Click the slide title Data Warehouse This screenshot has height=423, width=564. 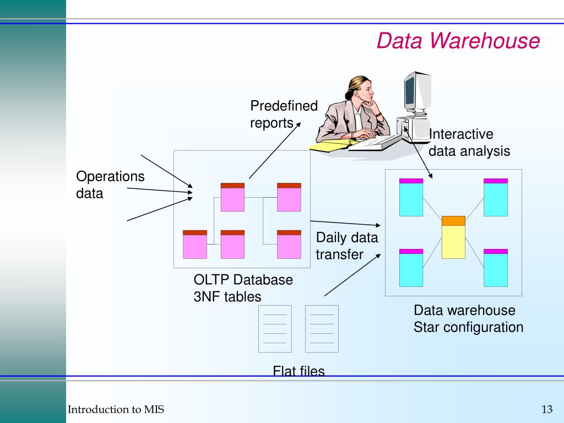(x=458, y=41)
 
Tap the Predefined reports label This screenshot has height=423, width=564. (x=284, y=114)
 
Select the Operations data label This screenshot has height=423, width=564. (x=110, y=185)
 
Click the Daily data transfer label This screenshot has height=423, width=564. (x=347, y=246)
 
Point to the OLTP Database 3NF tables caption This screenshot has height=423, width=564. (x=243, y=288)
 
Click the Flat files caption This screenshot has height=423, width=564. (x=299, y=371)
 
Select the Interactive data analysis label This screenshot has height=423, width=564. (x=469, y=143)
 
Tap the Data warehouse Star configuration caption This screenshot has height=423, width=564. (x=468, y=319)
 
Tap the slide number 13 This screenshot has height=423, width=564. (x=546, y=409)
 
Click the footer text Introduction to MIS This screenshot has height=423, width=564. (x=116, y=409)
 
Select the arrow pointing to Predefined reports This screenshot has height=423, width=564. (x=274, y=150)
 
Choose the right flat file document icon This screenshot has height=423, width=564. (x=322, y=329)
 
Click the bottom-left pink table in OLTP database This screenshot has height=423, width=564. (x=195, y=245)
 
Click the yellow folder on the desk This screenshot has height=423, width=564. (x=330, y=145)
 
